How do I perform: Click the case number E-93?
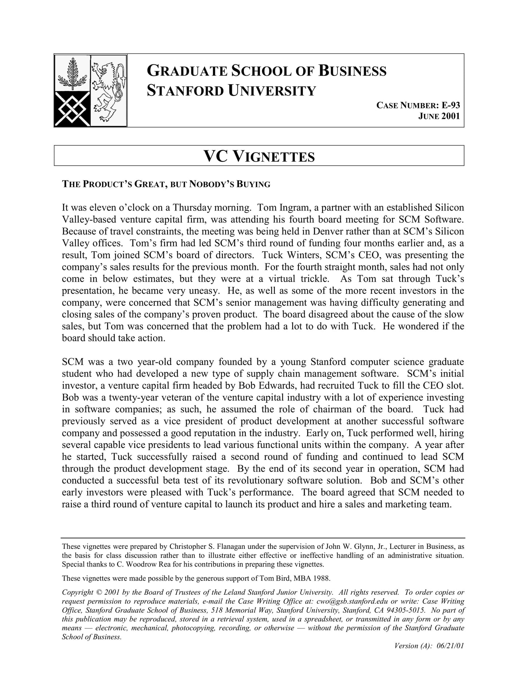point(451,106)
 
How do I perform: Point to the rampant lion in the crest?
point(108,91)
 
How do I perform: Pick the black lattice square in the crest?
point(72,109)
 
